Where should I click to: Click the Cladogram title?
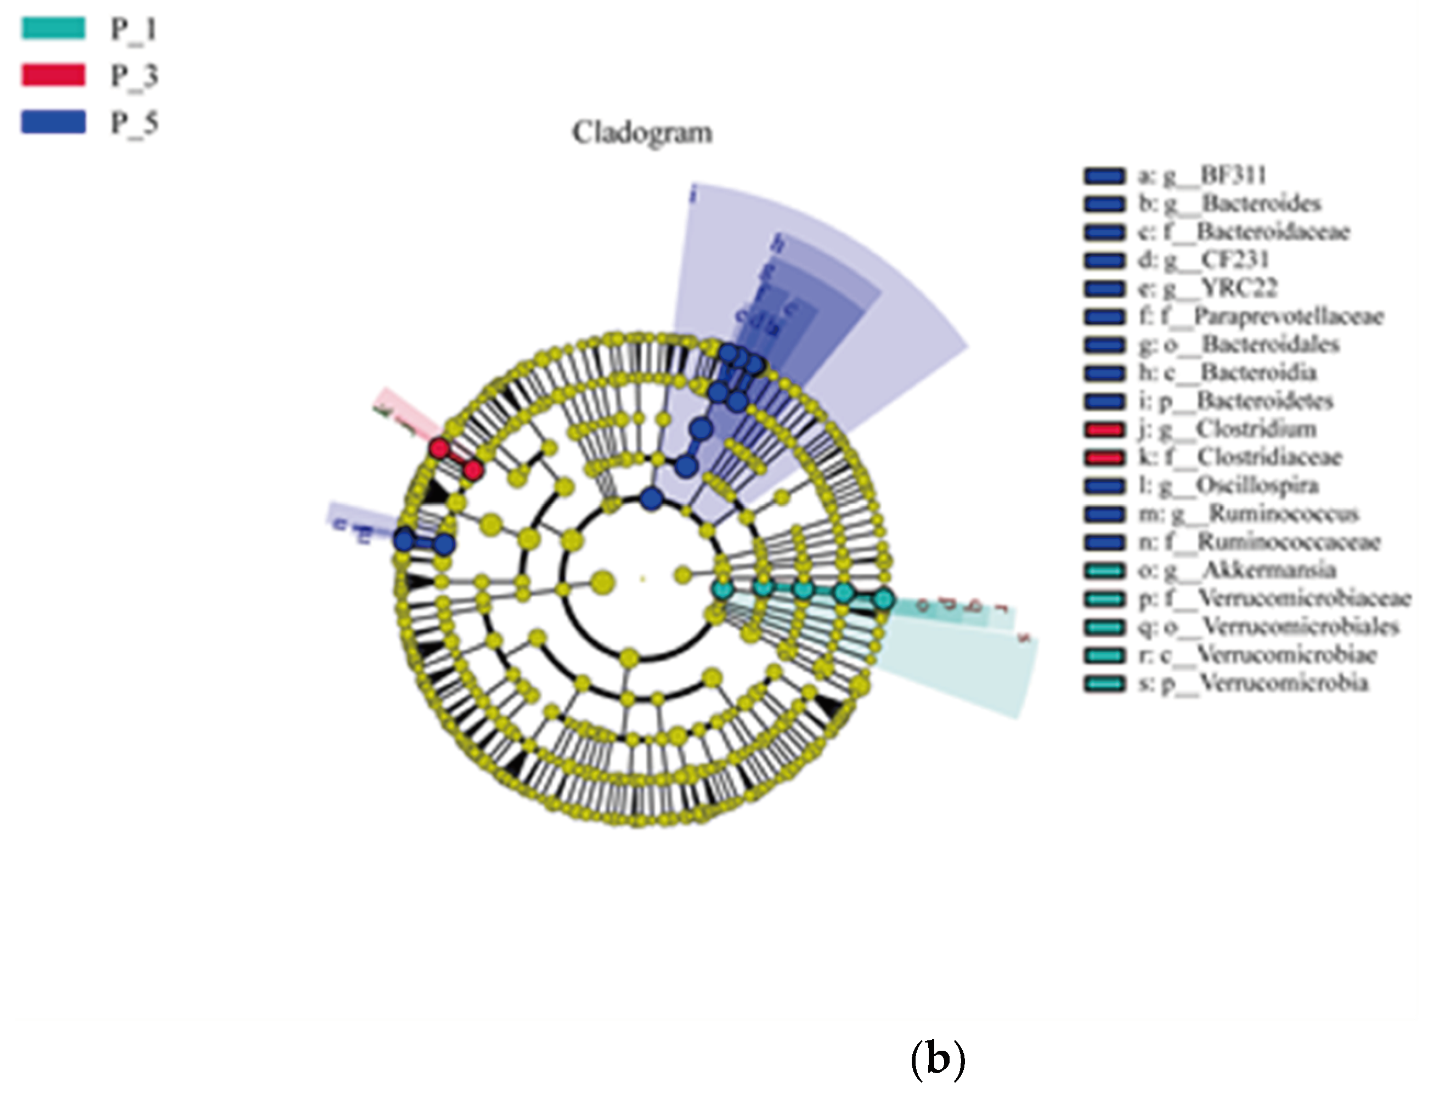[x=642, y=133]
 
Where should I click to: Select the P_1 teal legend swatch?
[x=53, y=28]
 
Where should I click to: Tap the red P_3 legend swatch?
[x=53, y=75]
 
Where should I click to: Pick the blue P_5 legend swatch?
[x=53, y=122]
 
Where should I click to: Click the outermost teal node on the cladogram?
[x=883, y=598]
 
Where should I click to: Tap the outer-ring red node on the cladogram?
[x=439, y=449]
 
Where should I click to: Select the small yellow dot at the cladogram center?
[x=643, y=578]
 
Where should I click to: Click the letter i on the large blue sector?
[x=693, y=194]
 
